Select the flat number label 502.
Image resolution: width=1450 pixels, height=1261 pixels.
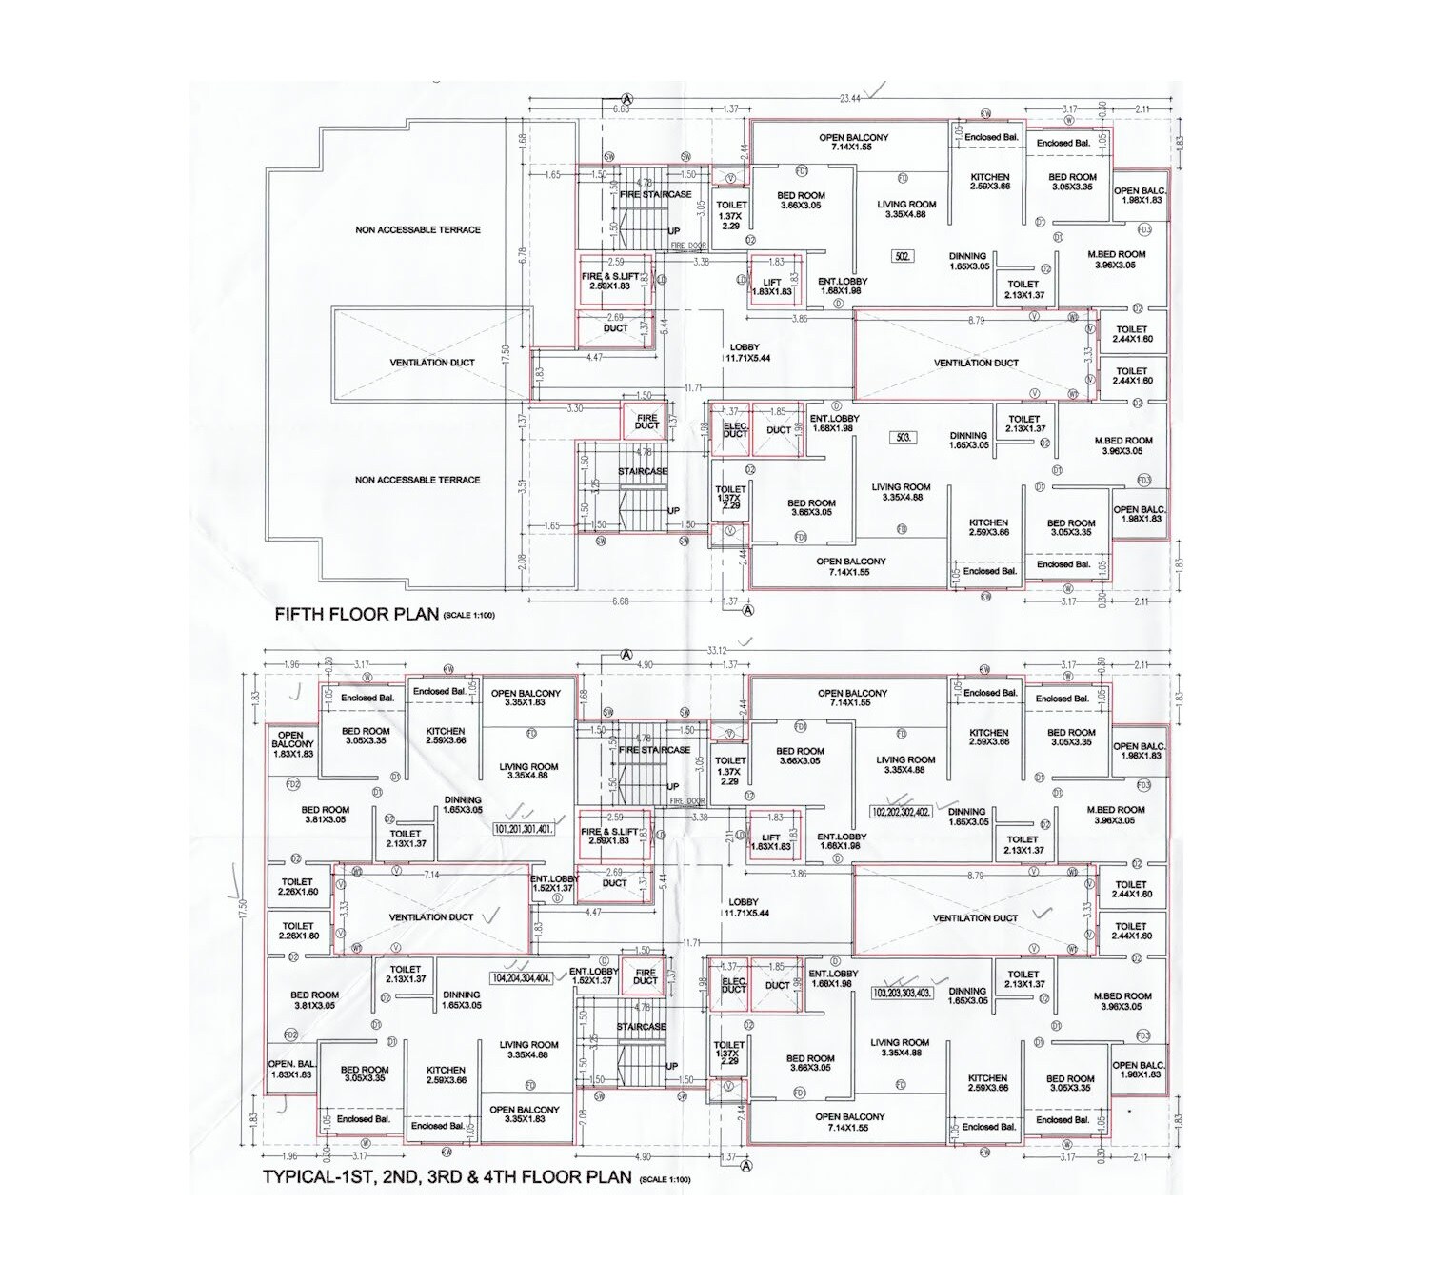[903, 256]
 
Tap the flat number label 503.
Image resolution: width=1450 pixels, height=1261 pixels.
[904, 438]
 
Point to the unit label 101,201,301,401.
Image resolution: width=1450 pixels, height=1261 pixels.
[523, 829]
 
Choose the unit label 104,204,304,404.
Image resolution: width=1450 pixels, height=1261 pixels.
[521, 978]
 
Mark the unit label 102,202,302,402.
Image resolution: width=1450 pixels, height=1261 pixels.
[901, 813]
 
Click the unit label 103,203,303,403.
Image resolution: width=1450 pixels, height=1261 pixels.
[902, 993]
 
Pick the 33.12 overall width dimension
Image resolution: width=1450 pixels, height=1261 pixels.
[716, 651]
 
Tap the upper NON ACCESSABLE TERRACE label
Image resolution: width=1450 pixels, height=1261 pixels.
[418, 230]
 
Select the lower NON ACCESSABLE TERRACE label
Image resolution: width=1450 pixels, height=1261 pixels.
[418, 481]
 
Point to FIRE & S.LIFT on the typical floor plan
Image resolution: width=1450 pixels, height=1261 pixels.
[609, 836]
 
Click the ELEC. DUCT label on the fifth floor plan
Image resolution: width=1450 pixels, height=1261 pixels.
[735, 430]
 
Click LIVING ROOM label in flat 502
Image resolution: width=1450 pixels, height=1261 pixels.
[906, 209]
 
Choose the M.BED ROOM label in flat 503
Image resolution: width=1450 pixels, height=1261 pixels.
[1123, 445]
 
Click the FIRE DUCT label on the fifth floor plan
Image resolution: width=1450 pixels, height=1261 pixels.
[646, 422]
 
